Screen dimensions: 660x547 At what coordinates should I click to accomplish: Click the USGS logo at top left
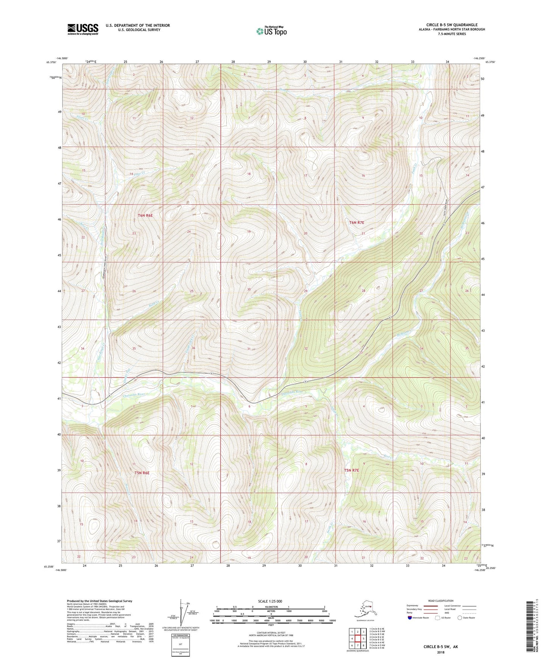click(83, 29)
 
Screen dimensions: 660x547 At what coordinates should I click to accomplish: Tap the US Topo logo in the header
click(271, 31)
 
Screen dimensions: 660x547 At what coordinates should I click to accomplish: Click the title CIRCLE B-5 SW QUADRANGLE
click(452, 25)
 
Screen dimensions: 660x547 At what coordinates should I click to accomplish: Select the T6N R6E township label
click(145, 215)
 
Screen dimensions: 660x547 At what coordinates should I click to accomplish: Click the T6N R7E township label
click(356, 223)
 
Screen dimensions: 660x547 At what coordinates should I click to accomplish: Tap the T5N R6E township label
click(142, 473)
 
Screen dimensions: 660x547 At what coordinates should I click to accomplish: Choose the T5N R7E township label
click(351, 470)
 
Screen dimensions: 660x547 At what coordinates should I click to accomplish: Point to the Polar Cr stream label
click(139, 172)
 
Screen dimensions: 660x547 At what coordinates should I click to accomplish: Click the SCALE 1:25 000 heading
click(270, 601)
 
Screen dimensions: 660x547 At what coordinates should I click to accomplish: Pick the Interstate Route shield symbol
click(410, 618)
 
